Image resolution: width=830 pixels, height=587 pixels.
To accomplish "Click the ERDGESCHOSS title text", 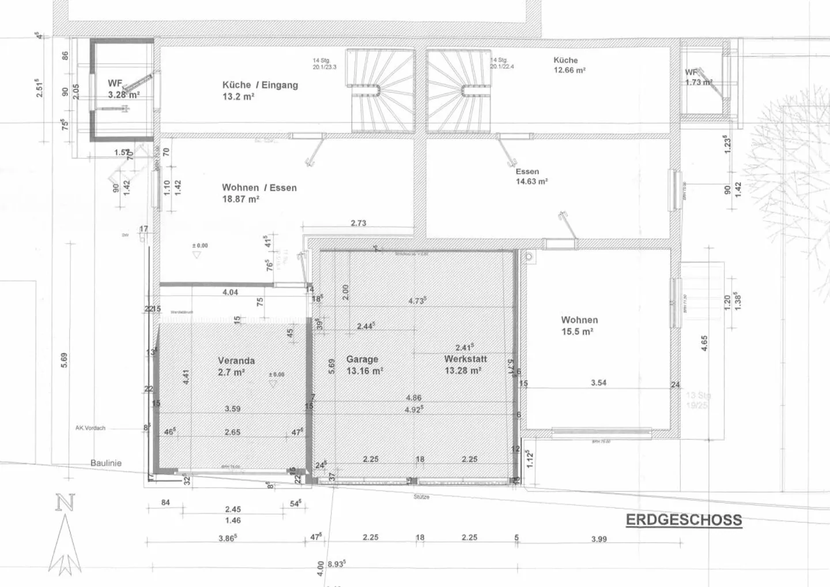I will coord(684,520).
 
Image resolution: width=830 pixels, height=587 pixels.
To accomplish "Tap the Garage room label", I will coord(362,359).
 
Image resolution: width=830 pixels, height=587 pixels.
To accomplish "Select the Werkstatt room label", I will coord(462,359).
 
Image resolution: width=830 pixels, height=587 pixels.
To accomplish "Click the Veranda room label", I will coord(236,361).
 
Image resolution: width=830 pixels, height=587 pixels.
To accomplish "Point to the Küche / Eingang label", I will coord(260,85).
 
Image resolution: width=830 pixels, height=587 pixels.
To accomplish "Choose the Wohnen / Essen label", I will coord(259,188).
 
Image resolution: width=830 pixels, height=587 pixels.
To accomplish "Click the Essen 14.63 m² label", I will coord(531,176).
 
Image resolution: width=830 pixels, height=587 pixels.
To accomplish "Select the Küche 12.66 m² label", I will coord(569,65).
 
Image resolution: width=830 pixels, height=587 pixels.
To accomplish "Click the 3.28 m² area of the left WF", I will coord(123,95).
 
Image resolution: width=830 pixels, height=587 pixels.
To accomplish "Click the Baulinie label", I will coord(106,463).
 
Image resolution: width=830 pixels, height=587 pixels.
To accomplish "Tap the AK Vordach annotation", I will coord(90,428).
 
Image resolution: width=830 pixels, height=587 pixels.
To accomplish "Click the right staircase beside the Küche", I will coord(458,89).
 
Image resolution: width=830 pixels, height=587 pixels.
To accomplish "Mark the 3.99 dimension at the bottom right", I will coord(598,539).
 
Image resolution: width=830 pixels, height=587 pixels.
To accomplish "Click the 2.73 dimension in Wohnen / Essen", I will coord(358,223).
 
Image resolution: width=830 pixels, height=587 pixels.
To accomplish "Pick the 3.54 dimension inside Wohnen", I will coord(598,383).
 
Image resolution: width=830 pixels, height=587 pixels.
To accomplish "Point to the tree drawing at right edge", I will coord(790,173).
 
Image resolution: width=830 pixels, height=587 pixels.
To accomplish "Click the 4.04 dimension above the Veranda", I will coord(230,292).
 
